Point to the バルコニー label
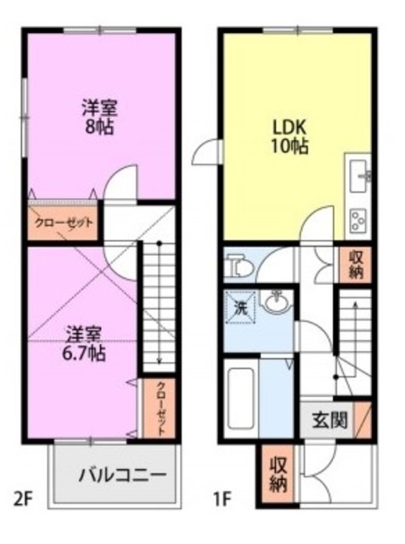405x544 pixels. point(121,474)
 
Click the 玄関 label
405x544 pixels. point(329,421)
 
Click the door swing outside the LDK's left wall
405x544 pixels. point(205,153)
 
